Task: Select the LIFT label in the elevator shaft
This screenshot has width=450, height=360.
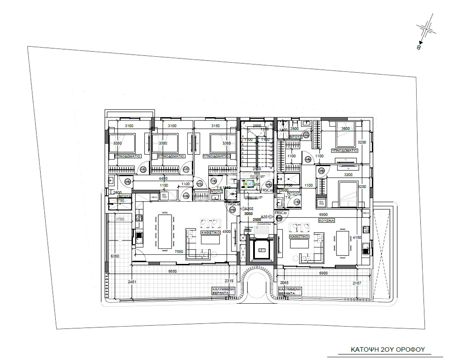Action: tap(262, 250)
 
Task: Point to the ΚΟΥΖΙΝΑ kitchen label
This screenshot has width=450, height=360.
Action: tap(327, 221)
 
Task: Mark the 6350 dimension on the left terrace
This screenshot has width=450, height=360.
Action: tap(115, 256)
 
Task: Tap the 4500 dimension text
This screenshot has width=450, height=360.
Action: tap(227, 232)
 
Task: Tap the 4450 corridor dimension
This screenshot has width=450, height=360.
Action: tap(163, 178)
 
